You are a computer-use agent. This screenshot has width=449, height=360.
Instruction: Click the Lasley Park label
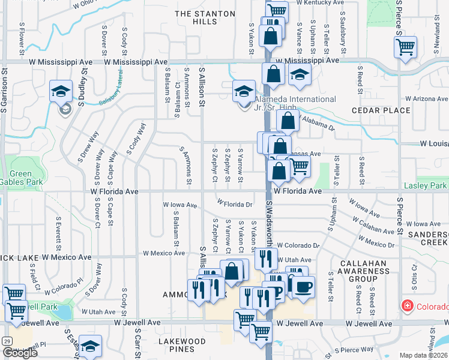pos(426,186)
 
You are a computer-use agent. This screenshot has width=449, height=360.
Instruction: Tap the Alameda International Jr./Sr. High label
pos(295,103)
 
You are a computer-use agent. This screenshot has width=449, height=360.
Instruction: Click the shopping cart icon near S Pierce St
pos(406,47)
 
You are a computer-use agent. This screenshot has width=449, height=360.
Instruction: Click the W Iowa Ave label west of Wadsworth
pos(181,205)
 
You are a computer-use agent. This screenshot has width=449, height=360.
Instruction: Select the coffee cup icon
pos(303,286)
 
